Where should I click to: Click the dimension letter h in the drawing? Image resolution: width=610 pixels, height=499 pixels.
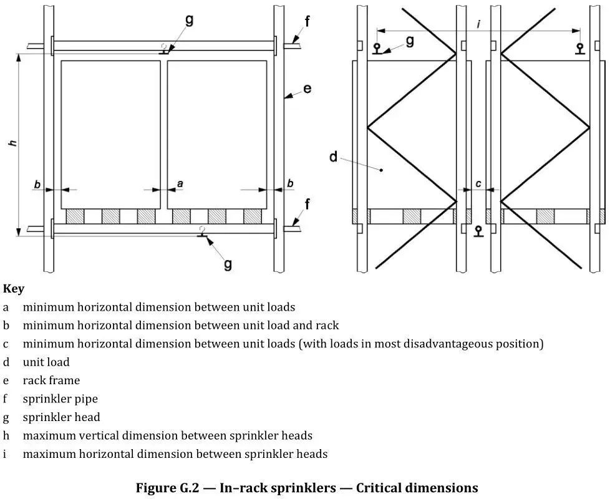point(12,143)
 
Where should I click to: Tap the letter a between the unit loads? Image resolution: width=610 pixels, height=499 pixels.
point(180,183)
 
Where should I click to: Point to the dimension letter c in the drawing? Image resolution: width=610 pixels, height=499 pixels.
point(478,183)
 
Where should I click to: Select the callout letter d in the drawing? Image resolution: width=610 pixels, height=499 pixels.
point(334,156)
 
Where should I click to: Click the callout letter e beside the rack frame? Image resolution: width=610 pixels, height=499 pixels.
point(307,89)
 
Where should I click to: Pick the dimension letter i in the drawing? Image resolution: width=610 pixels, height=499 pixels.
point(478,24)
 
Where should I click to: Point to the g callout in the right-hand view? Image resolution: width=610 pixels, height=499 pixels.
point(410,41)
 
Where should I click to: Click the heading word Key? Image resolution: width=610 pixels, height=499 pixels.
point(14,289)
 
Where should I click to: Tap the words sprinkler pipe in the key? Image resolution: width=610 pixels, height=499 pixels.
point(61,399)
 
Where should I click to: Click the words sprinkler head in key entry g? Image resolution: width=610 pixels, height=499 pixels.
point(61,417)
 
